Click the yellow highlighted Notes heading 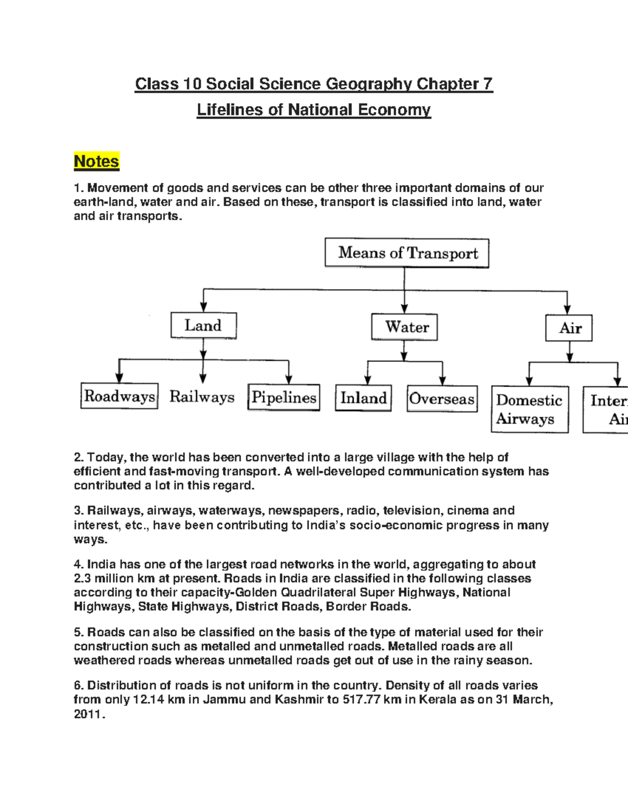pos(96,161)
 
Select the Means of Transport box pos(407,253)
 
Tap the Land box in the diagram pos(204,326)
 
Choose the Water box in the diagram pos(405,327)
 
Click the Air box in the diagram pos(569,328)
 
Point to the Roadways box pos(119,396)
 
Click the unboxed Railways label pos(202,397)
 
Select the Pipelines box pos(284,397)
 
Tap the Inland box pos(363,398)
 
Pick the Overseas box pos(442,399)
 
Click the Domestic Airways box pos(530,409)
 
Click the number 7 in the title pos(487,84)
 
